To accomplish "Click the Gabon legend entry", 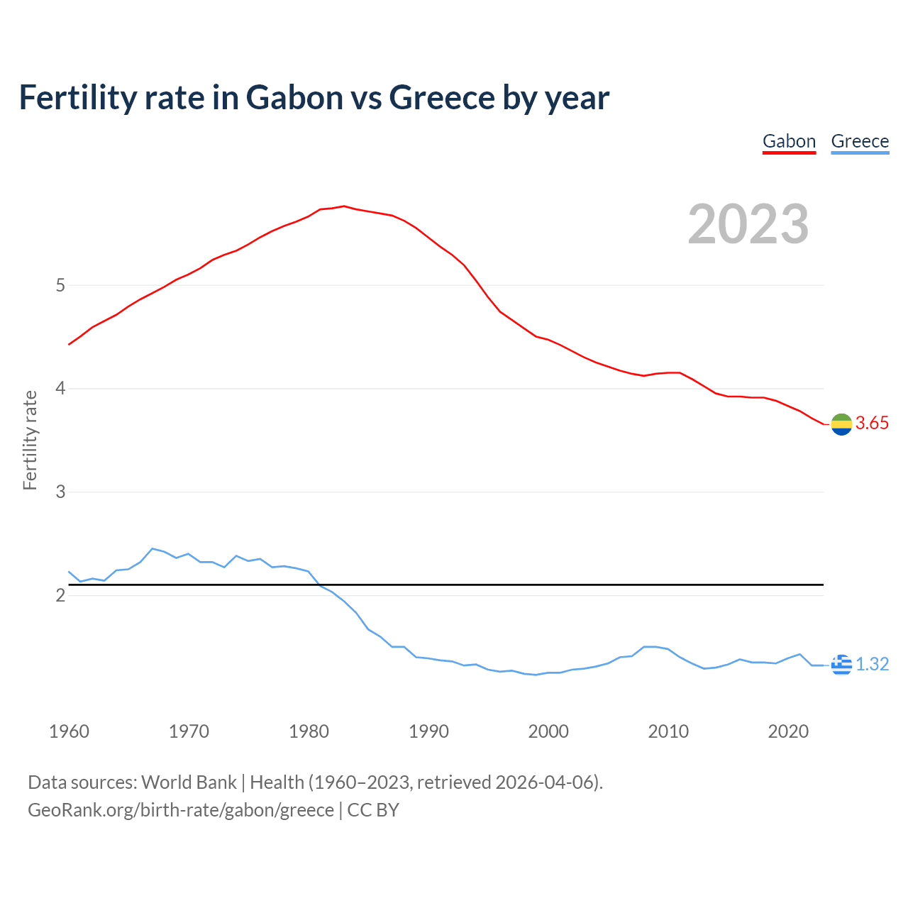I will [x=789, y=141].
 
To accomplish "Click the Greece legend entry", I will [x=860, y=141].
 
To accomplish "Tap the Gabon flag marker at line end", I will [x=841, y=424].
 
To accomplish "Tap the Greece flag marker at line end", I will [x=841, y=665].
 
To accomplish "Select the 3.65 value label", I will [x=872, y=423].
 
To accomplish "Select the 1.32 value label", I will [x=872, y=665].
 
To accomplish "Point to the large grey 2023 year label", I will [x=748, y=224].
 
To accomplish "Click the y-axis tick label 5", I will [x=60, y=285].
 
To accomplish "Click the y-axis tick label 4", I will [x=60, y=389].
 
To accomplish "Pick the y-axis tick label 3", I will [x=60, y=492].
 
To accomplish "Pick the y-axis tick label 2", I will [x=60, y=595].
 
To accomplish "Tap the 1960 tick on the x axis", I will [x=69, y=731].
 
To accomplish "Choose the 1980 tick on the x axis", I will [x=309, y=731].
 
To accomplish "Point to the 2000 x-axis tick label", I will [x=548, y=731].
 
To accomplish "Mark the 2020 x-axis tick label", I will [x=788, y=731].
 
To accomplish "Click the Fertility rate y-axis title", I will [x=30, y=440].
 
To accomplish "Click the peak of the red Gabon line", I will [x=344, y=206].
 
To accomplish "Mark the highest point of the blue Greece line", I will [x=152, y=548].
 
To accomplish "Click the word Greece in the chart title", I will [x=441, y=98].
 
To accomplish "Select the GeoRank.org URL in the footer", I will [x=181, y=810].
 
